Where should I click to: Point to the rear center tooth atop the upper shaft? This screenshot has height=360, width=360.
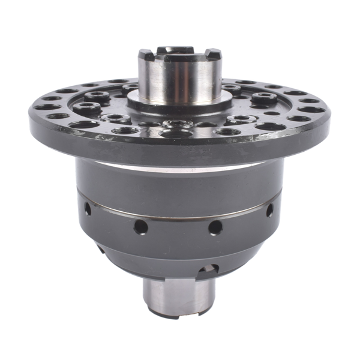[x=179, y=48]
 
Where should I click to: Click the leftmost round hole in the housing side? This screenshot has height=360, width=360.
[x=88, y=209]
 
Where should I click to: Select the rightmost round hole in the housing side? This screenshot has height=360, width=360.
[x=269, y=210]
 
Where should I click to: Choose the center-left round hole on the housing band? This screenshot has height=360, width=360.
[x=140, y=226]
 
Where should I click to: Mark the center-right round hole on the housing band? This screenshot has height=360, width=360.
[x=214, y=227]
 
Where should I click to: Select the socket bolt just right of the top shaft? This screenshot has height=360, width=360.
[x=231, y=89]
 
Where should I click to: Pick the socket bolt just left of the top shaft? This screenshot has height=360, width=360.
[x=130, y=89]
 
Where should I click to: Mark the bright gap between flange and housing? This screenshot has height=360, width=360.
[x=180, y=163]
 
